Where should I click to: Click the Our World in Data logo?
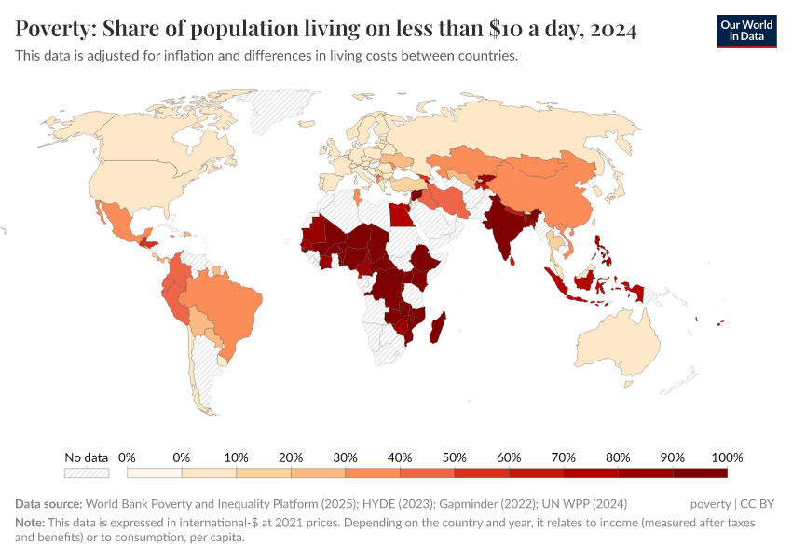[745, 31]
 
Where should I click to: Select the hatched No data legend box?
[86, 473]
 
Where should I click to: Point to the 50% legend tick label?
[454, 457]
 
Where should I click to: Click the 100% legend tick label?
[726, 457]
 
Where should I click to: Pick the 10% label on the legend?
[236, 457]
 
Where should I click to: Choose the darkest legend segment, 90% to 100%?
[700, 473]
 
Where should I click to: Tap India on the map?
[504, 227]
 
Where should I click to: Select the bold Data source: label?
[48, 504]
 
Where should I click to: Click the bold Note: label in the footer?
[30, 523]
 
